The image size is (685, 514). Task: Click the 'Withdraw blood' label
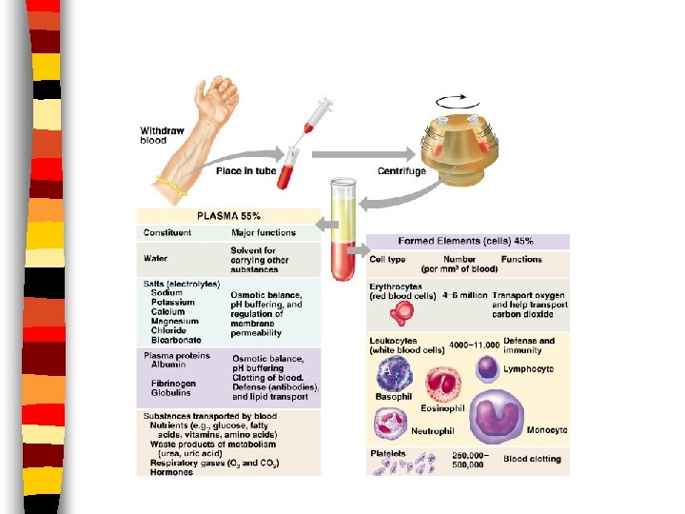156,135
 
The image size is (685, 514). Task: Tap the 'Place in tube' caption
245,171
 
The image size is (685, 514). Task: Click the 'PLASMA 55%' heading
229,217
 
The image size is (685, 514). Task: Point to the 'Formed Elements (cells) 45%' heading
467,242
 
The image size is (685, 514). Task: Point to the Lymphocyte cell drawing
486,367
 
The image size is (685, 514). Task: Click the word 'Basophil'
393,396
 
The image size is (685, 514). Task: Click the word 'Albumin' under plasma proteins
168,366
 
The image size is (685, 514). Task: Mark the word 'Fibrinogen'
172,383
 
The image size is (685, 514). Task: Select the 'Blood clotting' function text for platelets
532,459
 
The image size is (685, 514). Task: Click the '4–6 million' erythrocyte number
463,295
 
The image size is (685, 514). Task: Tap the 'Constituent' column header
167,232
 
